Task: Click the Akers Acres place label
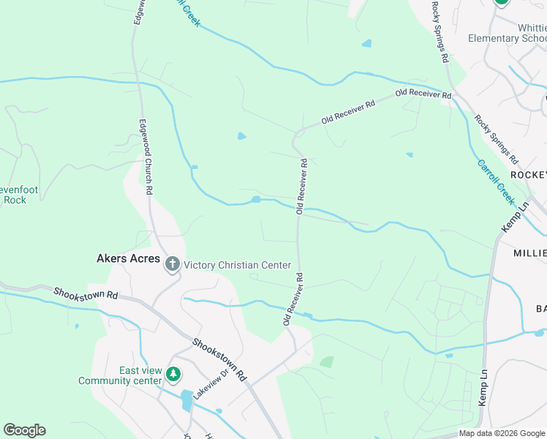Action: pos(128,258)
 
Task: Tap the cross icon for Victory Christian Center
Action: pos(173,264)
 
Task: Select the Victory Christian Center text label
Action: pos(237,265)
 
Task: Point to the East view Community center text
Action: pos(120,375)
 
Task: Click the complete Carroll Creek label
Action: pos(497,181)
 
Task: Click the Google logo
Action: pos(24,430)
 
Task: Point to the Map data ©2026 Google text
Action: pos(502,433)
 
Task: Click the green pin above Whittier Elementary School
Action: pos(501,2)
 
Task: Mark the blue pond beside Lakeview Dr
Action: pos(186,399)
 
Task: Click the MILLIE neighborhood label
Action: pos(531,254)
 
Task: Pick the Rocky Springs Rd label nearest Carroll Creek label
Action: pos(495,139)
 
